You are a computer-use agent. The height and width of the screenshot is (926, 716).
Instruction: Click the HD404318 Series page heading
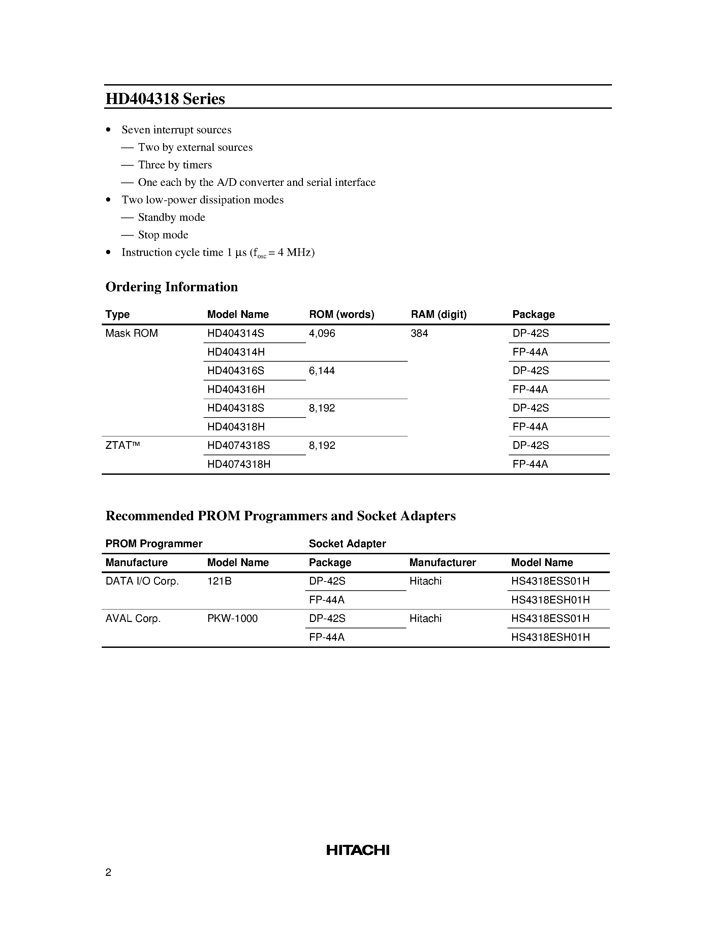click(x=165, y=99)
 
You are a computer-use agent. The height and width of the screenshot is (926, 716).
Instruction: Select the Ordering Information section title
click(x=172, y=287)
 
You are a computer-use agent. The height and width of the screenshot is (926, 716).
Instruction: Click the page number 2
click(x=108, y=872)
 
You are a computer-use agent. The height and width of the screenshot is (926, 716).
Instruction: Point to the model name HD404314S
click(x=236, y=333)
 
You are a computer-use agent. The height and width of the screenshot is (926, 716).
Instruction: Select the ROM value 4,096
click(x=322, y=333)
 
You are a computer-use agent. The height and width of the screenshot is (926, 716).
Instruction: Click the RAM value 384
click(x=419, y=333)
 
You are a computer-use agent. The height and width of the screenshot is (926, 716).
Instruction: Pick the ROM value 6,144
click(x=322, y=371)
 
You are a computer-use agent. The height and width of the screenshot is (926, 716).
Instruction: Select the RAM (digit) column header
click(x=439, y=314)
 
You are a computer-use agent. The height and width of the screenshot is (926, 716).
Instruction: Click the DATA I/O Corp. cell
click(x=142, y=581)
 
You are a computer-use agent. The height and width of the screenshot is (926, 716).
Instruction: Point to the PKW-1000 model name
click(x=232, y=619)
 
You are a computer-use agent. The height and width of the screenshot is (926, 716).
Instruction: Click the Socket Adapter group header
click(x=347, y=543)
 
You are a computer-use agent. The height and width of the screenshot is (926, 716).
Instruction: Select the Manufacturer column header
click(x=442, y=563)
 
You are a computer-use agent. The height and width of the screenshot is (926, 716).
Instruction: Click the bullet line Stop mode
click(x=163, y=235)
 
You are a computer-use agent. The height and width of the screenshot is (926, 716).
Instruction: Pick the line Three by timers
click(x=175, y=165)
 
